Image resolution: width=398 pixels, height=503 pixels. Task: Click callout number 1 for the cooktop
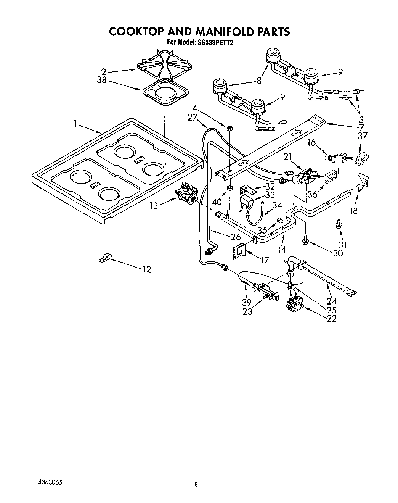[76, 124]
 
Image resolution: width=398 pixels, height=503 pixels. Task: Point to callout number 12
[146, 270]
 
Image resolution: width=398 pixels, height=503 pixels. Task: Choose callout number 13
[153, 206]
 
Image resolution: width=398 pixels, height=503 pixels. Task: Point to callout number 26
[236, 237]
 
